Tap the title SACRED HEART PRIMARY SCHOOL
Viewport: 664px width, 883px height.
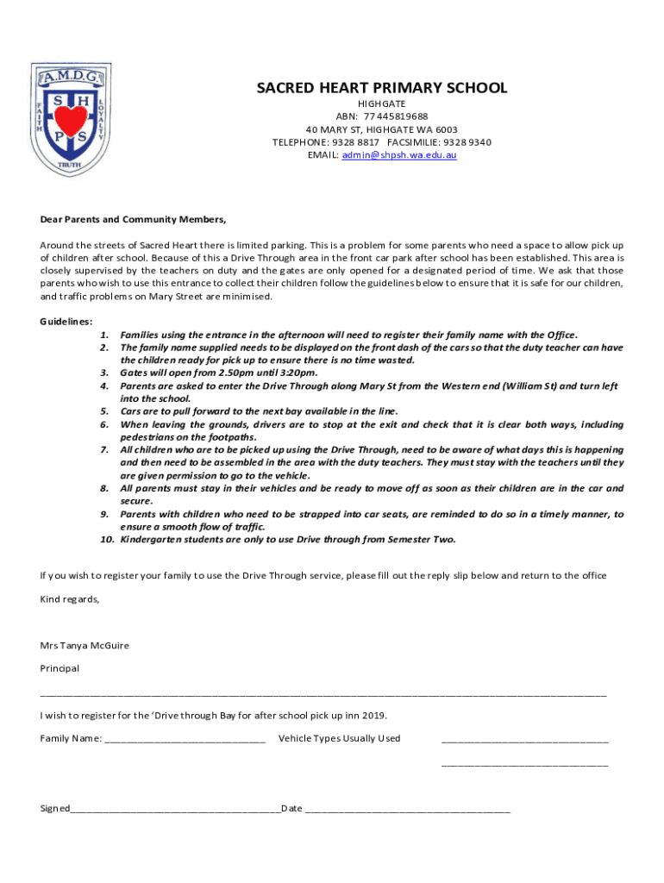click(x=382, y=88)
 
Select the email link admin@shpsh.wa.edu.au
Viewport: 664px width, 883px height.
click(x=399, y=155)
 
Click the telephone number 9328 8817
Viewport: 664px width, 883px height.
click(x=357, y=142)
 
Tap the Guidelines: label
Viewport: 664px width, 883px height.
click(x=66, y=321)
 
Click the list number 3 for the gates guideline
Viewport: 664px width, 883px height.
click(x=104, y=373)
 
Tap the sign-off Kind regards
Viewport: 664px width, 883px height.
click(x=70, y=599)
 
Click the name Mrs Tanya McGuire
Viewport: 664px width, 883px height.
click(x=85, y=645)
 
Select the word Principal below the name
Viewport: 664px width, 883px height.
click(x=60, y=668)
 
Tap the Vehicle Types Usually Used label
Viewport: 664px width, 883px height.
click(x=339, y=738)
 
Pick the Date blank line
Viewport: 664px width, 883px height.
click(x=407, y=810)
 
